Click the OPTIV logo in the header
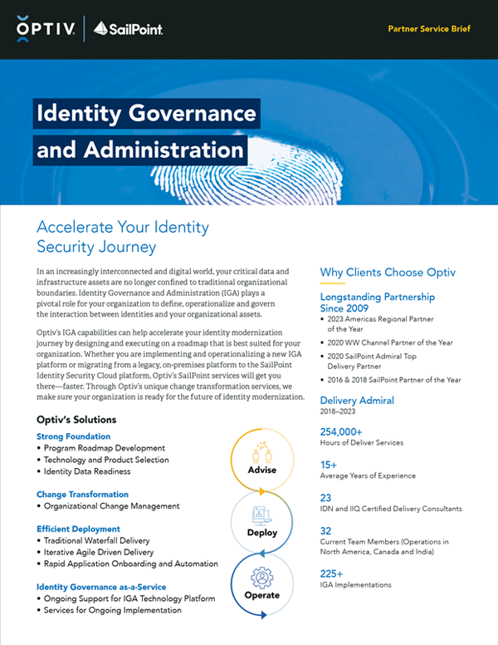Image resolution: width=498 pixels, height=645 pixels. point(46,28)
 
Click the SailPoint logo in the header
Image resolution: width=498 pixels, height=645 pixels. point(127,29)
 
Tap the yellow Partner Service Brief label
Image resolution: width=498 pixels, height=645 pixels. point(429,28)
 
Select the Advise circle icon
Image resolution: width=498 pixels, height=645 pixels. point(261,456)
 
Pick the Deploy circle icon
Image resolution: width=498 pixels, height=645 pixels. point(261,519)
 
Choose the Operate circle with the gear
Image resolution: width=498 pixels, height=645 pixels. point(261,582)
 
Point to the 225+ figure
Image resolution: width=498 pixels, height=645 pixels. point(333,573)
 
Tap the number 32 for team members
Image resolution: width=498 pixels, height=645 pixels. point(326,529)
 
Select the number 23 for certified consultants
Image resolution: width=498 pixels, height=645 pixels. point(326,496)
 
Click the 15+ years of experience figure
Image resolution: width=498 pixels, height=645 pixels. point(330,464)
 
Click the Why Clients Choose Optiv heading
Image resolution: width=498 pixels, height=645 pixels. point(388,273)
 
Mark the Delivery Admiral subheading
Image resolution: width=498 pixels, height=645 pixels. point(357,400)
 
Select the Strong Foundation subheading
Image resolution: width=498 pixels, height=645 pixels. point(74,436)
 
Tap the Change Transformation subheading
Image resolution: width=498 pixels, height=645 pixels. point(83,495)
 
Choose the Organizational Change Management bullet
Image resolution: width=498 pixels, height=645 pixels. point(111,506)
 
